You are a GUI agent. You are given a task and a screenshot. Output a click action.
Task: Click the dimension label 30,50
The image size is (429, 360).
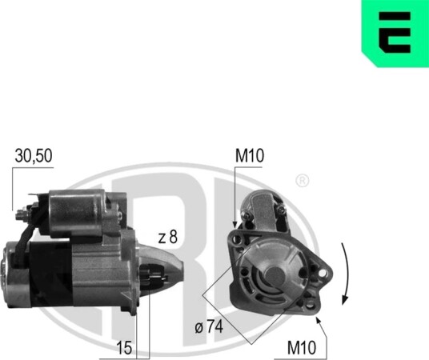click(x=34, y=156)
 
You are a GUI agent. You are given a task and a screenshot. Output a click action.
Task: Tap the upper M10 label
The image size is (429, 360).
click(x=250, y=155)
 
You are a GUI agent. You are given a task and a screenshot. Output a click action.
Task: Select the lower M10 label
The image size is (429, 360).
click(x=302, y=348)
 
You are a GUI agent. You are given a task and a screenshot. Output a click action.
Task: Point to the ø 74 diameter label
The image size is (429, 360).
click(x=209, y=326)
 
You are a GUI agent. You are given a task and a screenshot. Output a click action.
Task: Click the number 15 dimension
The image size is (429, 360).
click(x=125, y=348)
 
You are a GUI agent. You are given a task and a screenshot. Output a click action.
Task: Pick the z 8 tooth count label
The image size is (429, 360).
click(x=168, y=237)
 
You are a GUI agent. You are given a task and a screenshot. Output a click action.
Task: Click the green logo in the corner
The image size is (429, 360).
click(x=395, y=33)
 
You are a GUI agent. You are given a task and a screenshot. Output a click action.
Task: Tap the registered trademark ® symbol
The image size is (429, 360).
click(x=302, y=181)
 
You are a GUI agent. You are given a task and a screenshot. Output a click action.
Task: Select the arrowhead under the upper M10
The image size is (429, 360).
click(x=235, y=224)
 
